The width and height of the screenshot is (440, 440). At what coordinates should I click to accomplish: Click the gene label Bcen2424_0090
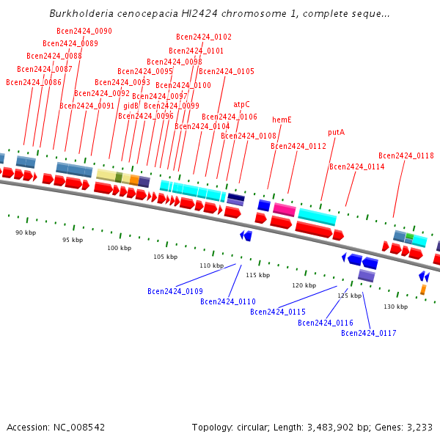[84, 31]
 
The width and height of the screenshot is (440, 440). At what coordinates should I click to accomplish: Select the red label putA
[336, 133]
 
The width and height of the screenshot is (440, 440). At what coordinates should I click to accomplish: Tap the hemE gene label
[282, 120]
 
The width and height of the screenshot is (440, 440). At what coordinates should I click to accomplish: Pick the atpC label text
[241, 104]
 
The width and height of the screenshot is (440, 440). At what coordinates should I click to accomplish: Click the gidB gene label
[131, 106]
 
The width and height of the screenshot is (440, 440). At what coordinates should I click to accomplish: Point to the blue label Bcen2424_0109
[175, 291]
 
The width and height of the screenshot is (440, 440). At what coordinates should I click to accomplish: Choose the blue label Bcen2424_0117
[368, 333]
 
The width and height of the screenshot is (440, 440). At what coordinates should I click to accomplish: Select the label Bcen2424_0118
[406, 155]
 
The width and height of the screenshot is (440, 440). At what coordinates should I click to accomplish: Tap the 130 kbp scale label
[395, 307]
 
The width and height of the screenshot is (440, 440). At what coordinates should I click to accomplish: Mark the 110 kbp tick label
[211, 265]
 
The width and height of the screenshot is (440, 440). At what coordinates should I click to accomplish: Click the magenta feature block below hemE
[285, 210]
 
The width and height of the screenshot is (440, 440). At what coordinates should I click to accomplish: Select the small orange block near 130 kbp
[423, 290]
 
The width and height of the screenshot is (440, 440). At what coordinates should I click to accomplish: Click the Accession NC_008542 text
[56, 427]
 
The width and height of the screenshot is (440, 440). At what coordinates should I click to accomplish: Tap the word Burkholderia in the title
[80, 13]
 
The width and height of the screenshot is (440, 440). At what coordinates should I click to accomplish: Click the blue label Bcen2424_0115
[277, 312]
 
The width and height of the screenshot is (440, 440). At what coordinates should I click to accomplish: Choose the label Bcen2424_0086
[34, 82]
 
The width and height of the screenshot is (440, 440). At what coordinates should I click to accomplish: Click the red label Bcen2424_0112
[298, 146]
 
